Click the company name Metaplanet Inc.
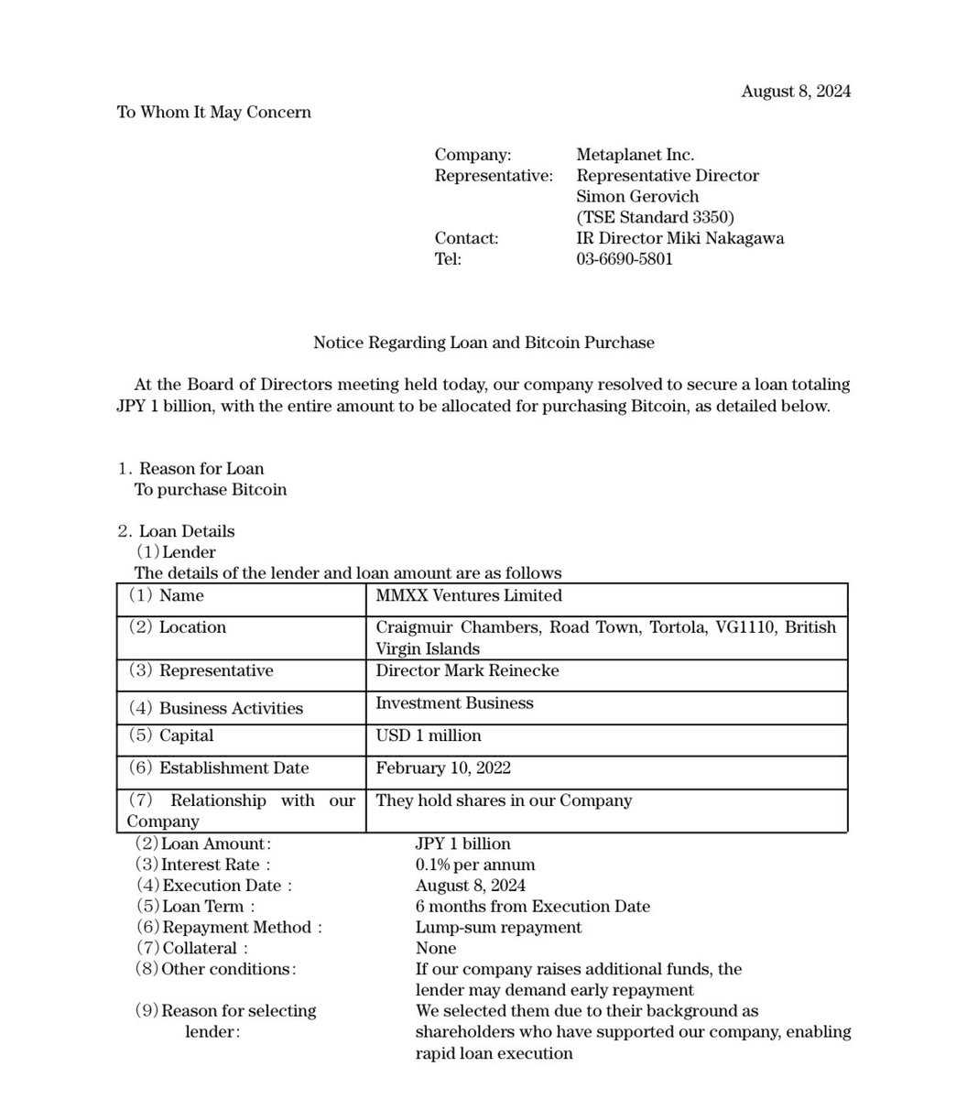click(x=635, y=155)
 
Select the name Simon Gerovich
click(x=636, y=196)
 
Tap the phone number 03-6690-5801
click(x=625, y=258)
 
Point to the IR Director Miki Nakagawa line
click(x=679, y=238)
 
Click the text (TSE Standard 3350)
click(x=655, y=217)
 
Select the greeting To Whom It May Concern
click(x=213, y=112)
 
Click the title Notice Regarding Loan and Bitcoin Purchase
click(x=484, y=343)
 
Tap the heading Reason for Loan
click(x=201, y=469)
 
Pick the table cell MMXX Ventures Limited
click(x=469, y=595)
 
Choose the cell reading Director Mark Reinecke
click(x=467, y=670)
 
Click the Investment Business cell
click(x=454, y=703)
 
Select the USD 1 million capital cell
click(x=429, y=735)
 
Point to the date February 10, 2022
click(x=443, y=767)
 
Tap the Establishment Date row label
click(x=234, y=767)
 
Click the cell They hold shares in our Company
click(x=504, y=800)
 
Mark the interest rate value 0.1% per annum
click(x=475, y=865)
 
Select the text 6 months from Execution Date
click(x=532, y=907)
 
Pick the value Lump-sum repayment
click(x=498, y=928)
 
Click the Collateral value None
click(x=435, y=949)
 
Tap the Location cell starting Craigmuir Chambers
click(x=605, y=637)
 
